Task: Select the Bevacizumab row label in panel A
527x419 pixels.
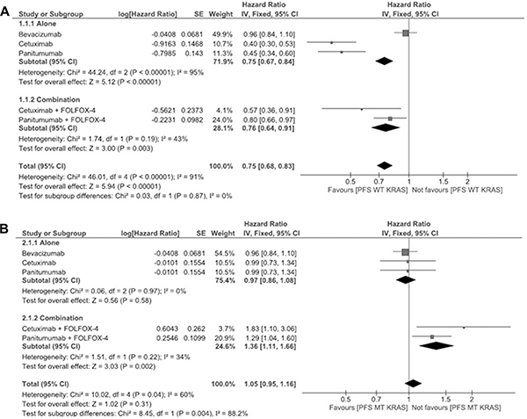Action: tap(40, 34)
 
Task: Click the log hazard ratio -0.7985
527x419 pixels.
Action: tap(163, 53)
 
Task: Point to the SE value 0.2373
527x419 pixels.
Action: tap(192, 110)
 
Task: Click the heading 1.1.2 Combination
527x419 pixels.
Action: tap(49, 99)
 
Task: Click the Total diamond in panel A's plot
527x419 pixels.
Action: tap(385, 165)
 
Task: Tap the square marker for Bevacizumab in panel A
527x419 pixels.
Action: tap(406, 33)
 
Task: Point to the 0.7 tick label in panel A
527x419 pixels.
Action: tap(379, 182)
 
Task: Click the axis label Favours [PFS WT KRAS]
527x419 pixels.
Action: tap(367, 190)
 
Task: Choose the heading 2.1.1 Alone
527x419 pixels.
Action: tap(41, 242)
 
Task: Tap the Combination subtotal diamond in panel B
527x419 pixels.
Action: tap(437, 346)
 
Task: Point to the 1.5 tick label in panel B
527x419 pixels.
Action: tap(445, 400)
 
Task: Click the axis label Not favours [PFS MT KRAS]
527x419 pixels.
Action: tap(456, 408)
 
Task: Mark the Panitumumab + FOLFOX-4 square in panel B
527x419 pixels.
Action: tap(432, 336)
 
